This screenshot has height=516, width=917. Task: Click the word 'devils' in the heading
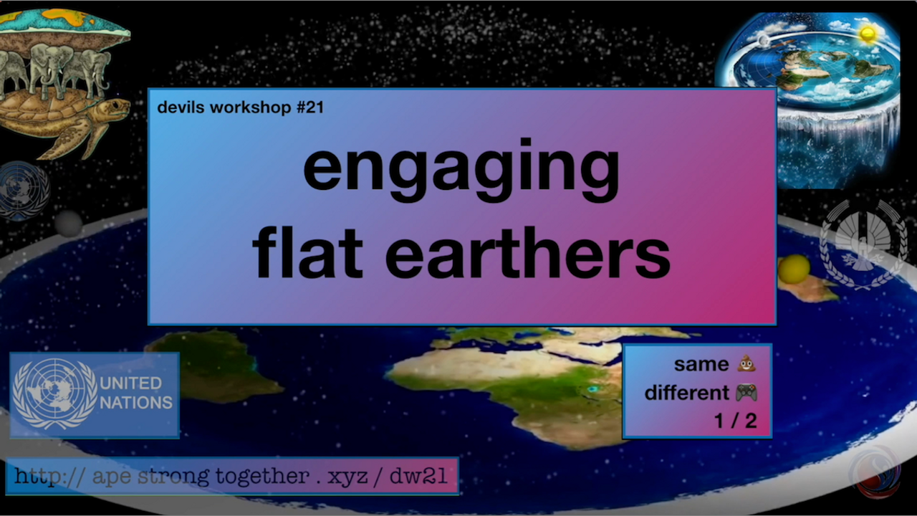click(181, 107)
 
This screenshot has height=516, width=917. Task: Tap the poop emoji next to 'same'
click(746, 363)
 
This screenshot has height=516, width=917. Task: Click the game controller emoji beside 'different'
click(746, 392)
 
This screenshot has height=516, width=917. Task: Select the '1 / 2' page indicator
click(736, 421)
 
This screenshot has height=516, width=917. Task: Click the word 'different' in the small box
click(687, 393)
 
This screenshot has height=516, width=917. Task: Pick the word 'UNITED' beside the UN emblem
click(131, 383)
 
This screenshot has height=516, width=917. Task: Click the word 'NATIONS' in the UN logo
click(136, 403)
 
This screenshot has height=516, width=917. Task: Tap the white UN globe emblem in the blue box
click(55, 394)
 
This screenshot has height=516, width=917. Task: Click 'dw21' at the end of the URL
click(418, 476)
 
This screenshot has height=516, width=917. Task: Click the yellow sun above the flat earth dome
click(867, 34)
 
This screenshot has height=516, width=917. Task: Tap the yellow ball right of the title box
click(794, 269)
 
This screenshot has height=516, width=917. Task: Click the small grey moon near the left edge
click(68, 223)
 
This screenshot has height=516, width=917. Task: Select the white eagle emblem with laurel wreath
click(864, 245)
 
